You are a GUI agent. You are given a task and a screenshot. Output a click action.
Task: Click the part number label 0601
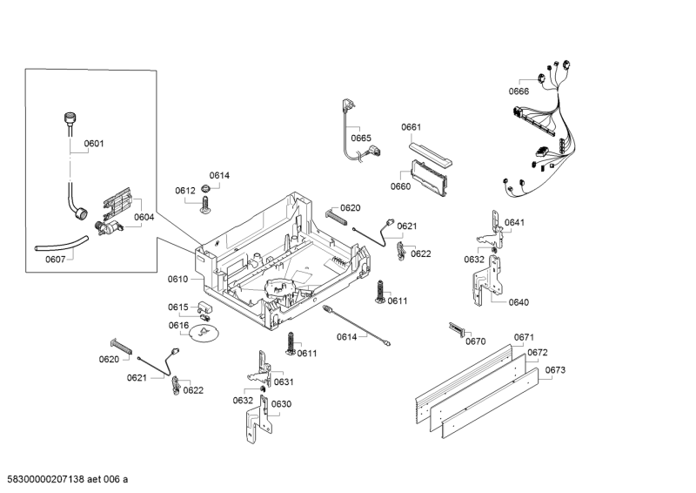[x=94, y=145]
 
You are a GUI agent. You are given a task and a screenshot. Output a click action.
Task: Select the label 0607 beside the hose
[x=56, y=259]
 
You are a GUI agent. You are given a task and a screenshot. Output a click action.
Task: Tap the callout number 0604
[x=144, y=218]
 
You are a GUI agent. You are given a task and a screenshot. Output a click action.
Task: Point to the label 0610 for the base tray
[x=177, y=280]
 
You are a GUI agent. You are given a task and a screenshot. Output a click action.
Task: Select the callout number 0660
[x=400, y=186]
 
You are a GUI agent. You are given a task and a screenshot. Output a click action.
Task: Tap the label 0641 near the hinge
[x=515, y=223]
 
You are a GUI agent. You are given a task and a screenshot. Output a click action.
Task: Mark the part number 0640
[x=519, y=303]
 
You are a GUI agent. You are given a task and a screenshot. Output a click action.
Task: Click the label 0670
[x=475, y=341]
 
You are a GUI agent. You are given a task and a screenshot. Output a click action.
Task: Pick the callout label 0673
[x=555, y=371]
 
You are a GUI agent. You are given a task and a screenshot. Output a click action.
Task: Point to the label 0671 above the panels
[x=524, y=337]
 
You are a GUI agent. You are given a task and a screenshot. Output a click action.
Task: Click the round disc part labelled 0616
[x=205, y=334]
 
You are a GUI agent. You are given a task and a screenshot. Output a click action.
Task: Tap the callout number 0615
[x=178, y=307]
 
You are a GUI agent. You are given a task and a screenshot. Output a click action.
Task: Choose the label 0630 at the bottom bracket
[x=281, y=404]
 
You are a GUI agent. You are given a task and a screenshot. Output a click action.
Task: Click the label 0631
[x=284, y=382]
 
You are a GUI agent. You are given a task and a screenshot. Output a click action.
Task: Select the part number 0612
[x=185, y=191]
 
